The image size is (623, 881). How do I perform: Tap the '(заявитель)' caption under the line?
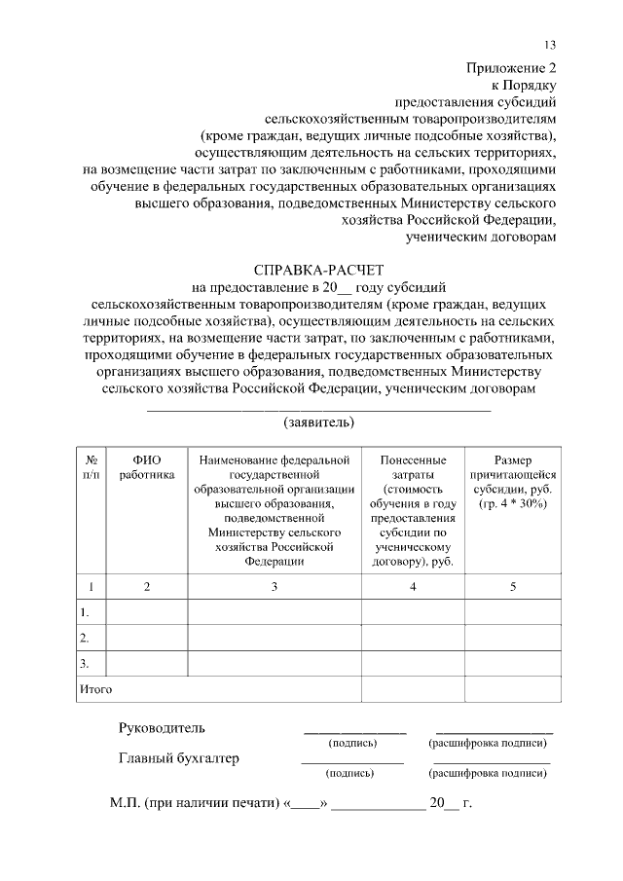tap(318, 422)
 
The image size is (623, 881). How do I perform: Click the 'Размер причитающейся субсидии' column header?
tap(513, 482)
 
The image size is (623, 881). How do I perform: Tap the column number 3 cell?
tap(275, 586)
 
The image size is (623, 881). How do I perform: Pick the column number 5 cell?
tap(513, 586)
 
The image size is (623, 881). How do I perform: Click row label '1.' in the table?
tap(86, 612)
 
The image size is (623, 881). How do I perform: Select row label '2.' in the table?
tap(86, 639)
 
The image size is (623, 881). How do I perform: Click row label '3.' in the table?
tap(86, 664)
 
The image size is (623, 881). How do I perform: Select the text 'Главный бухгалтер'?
tap(179, 758)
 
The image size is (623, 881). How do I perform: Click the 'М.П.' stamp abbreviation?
tap(125, 804)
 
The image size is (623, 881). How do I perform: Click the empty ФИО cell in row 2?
tap(147, 639)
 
